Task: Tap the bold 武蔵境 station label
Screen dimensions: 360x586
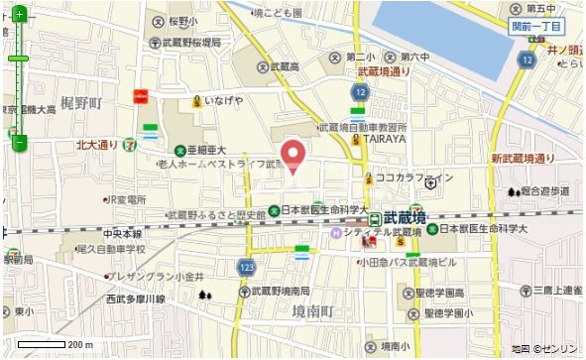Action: (x=405, y=217)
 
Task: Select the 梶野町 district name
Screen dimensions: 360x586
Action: (x=80, y=103)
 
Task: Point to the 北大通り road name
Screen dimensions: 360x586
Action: (x=103, y=145)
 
